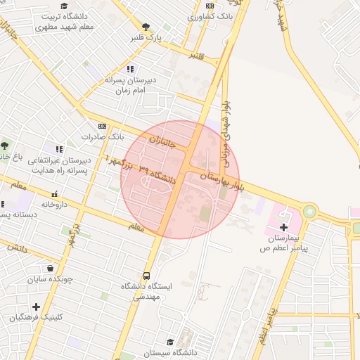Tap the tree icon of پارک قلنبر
[146, 27]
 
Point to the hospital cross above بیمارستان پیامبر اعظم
[283, 226]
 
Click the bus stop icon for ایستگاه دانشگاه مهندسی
[147, 276]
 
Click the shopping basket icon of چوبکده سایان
[50, 268]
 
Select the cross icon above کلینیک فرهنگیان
[36, 306]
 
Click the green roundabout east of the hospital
[309, 211]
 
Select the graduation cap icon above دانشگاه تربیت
[64, 6]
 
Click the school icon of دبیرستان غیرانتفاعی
[59, 149]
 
